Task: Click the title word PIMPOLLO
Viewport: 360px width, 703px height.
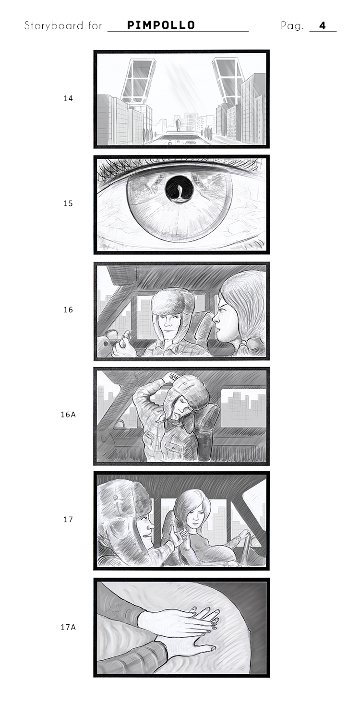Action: point(161,25)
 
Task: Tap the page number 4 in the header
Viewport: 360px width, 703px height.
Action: point(323,25)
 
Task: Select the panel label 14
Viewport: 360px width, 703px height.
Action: point(68,98)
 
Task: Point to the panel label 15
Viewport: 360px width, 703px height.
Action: point(68,203)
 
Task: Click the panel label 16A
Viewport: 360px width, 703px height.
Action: point(68,415)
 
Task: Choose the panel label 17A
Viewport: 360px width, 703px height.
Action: point(68,627)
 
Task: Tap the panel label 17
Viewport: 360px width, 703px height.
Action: point(68,519)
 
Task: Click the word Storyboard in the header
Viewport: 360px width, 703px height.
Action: point(54,25)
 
